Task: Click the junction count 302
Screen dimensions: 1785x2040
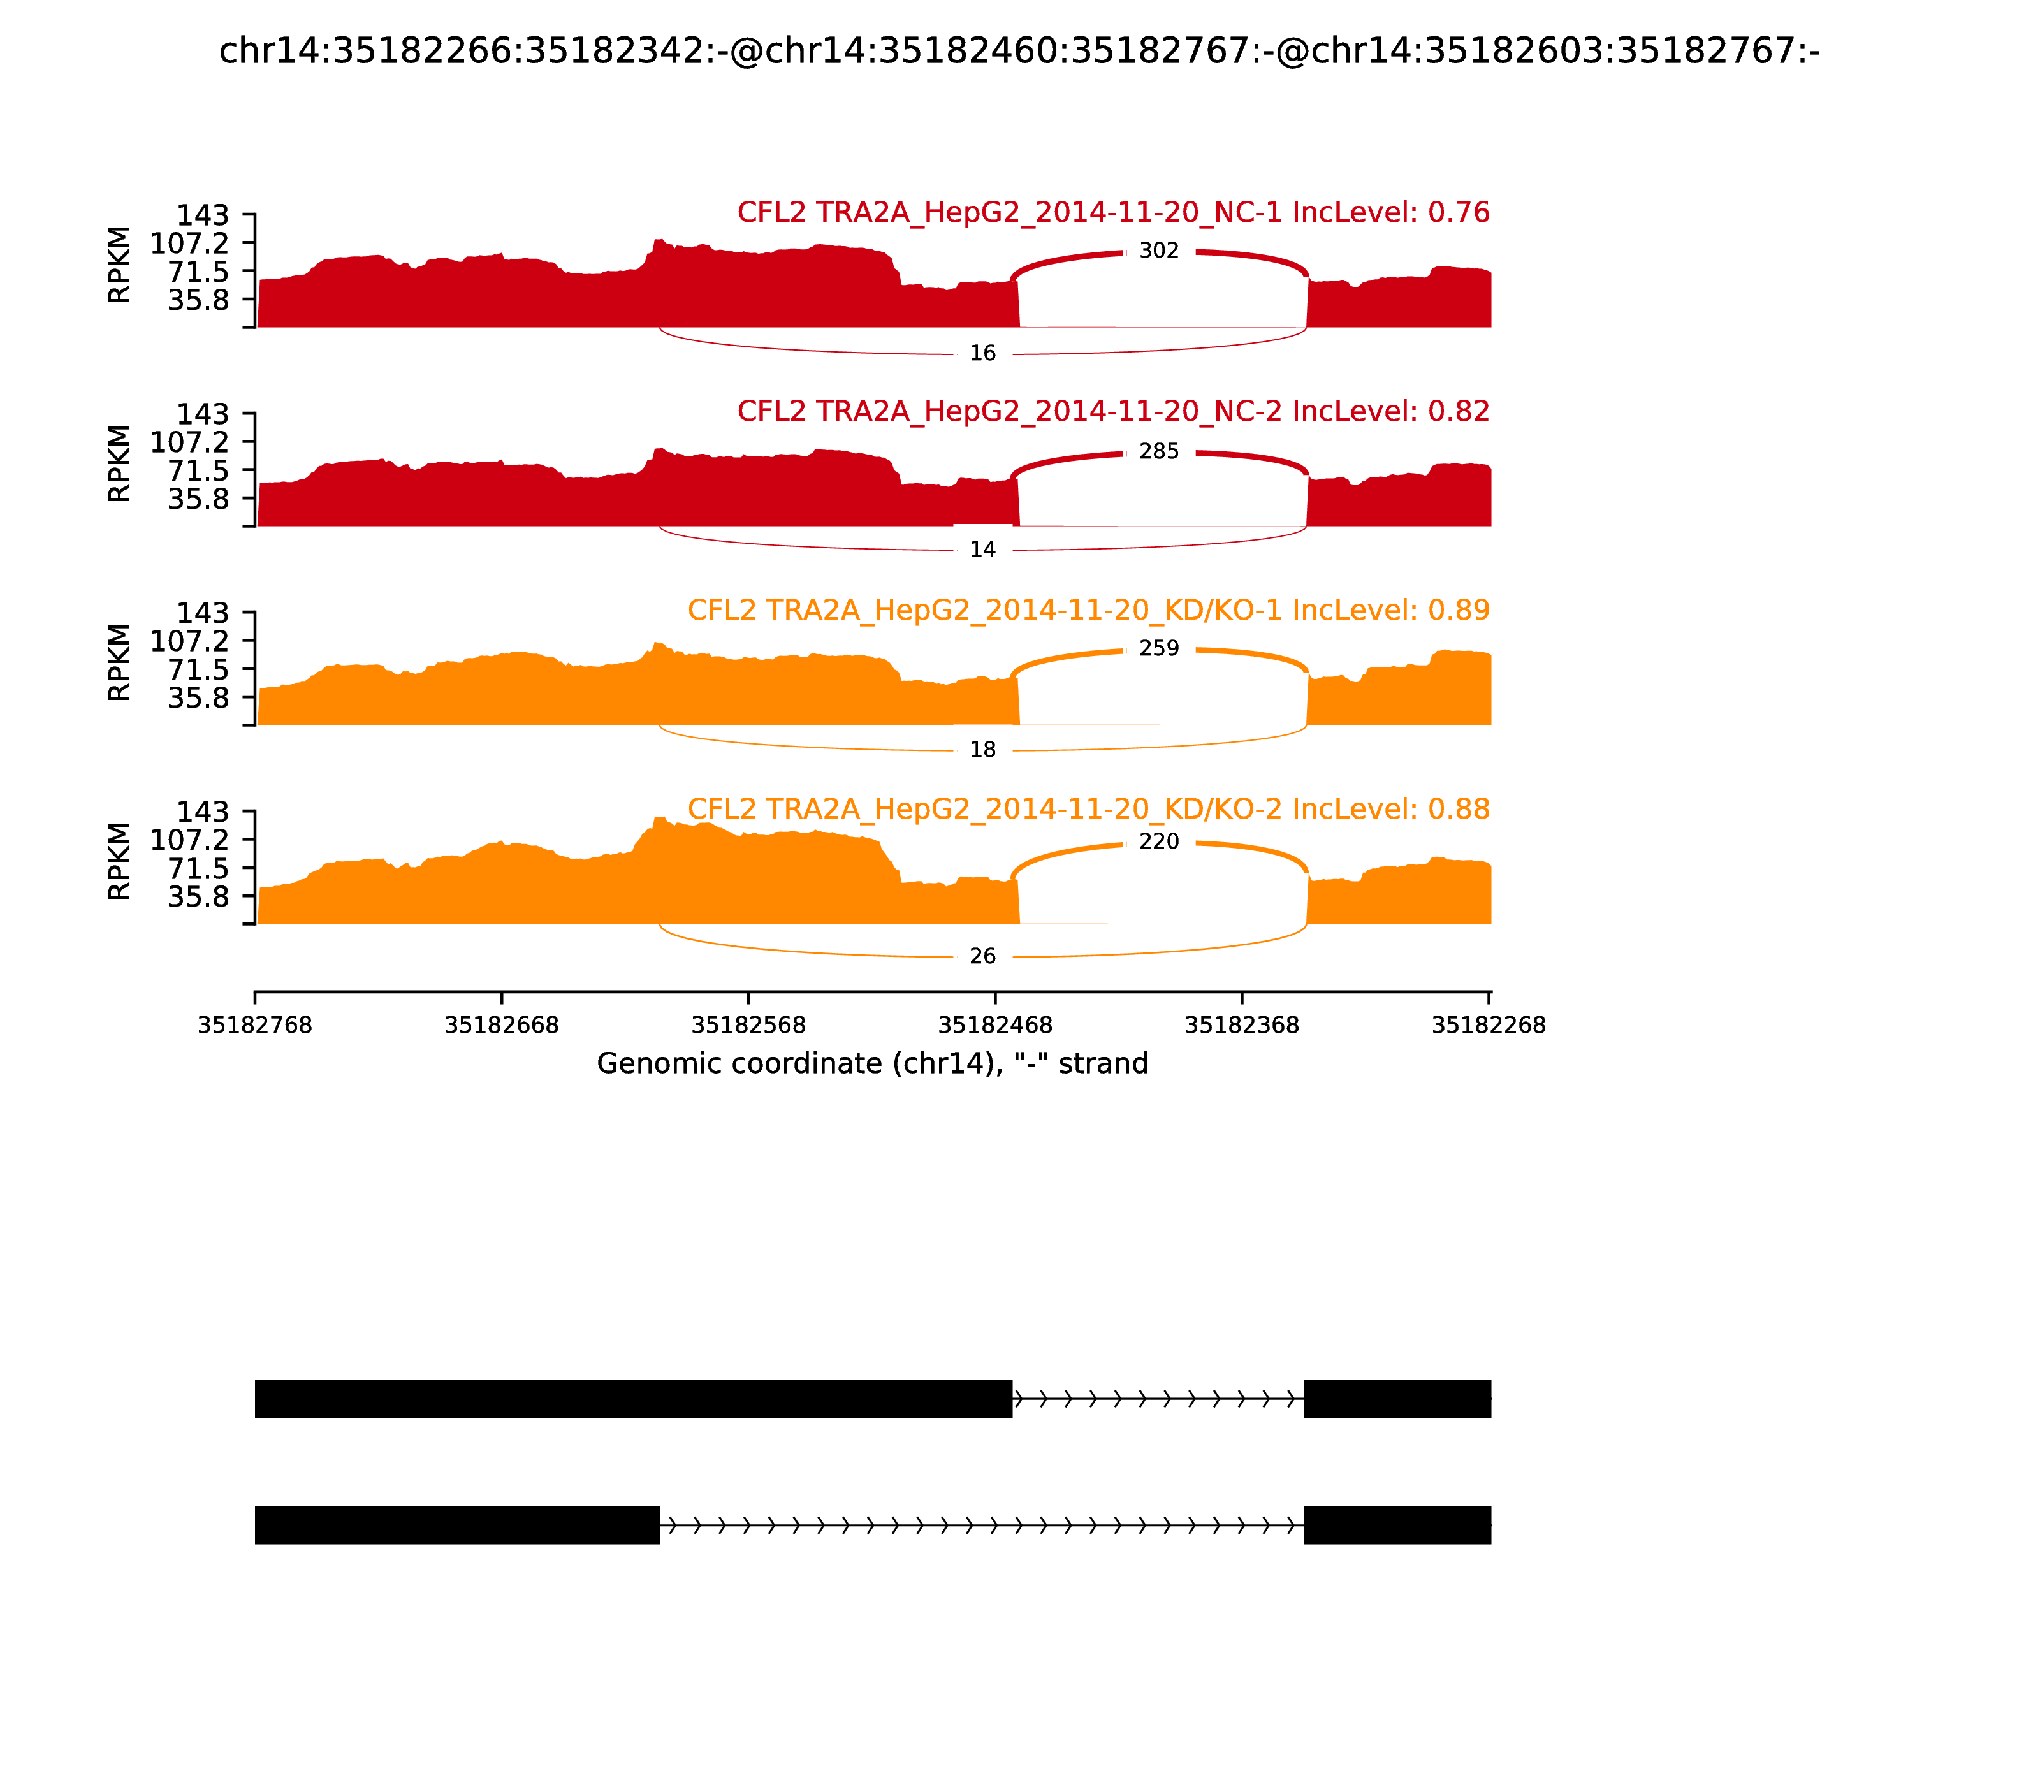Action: pyautogui.click(x=1158, y=251)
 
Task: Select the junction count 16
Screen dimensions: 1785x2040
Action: pyautogui.click(x=982, y=354)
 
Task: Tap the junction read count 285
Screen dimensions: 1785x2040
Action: pyautogui.click(x=1158, y=452)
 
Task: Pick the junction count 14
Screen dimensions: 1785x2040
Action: pyautogui.click(x=982, y=550)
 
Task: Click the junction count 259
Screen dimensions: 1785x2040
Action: pyautogui.click(x=1158, y=648)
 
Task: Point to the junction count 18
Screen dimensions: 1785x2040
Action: pyautogui.click(x=982, y=750)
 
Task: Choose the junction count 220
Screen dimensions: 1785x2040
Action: pyautogui.click(x=1158, y=841)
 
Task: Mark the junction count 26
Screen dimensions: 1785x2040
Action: pyautogui.click(x=982, y=956)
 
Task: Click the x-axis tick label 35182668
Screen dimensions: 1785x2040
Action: pyautogui.click(x=501, y=1025)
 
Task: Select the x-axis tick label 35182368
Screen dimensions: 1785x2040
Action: pyautogui.click(x=1241, y=1025)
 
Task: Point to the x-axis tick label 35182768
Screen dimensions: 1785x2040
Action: pyautogui.click(x=255, y=1025)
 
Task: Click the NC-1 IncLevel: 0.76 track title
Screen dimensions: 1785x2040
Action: pyautogui.click(x=1112, y=213)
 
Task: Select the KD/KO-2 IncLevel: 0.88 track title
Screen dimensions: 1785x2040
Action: pyautogui.click(x=1088, y=809)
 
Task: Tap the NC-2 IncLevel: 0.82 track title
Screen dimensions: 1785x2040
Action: pyautogui.click(x=1112, y=411)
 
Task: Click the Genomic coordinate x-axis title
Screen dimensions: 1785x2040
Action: pyautogui.click(x=873, y=1064)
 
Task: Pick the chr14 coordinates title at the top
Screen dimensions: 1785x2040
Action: pyautogui.click(x=1019, y=51)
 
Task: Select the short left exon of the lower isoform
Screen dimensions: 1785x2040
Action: pyautogui.click(x=456, y=1525)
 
